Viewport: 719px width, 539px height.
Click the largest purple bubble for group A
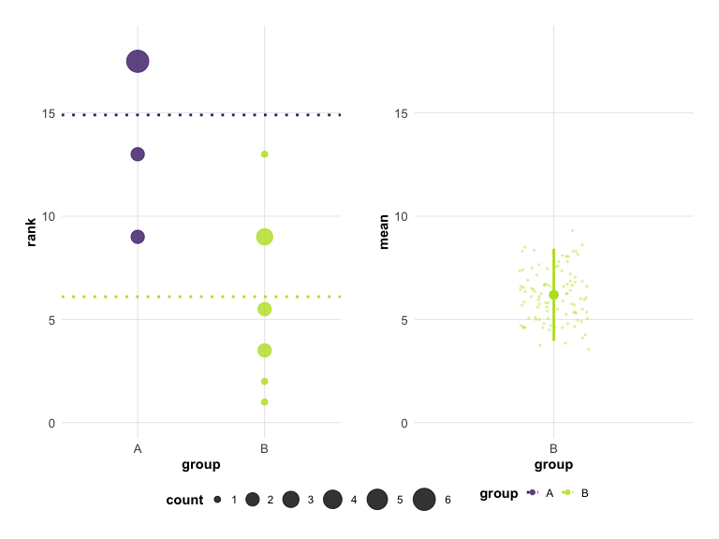tap(138, 62)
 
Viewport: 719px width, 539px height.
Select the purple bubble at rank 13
tap(138, 154)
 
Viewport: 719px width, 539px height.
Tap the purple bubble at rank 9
tap(138, 237)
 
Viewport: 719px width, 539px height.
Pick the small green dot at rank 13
tap(265, 154)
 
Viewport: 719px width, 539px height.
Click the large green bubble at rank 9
tap(265, 237)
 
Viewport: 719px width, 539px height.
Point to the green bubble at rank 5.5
tap(265, 309)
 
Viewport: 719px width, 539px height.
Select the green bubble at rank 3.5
tap(265, 350)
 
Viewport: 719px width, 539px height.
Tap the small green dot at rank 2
tap(265, 381)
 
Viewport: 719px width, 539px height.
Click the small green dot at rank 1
tap(265, 402)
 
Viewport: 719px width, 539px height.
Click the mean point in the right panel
tap(553, 295)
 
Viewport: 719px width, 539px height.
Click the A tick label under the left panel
tap(138, 449)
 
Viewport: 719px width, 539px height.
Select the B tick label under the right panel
tap(553, 449)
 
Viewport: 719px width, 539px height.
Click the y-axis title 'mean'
tap(383, 232)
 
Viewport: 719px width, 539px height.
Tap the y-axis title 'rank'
tap(31, 232)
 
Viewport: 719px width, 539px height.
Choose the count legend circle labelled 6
tap(424, 500)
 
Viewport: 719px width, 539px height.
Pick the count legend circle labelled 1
tap(217, 500)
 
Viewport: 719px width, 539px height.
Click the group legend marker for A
tap(532, 492)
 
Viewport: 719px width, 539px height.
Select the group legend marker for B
tap(566, 492)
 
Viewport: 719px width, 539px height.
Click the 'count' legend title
tap(184, 500)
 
